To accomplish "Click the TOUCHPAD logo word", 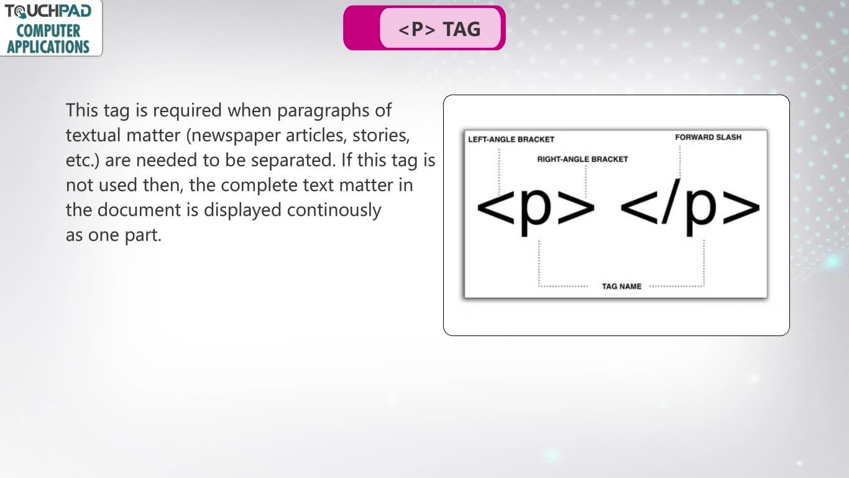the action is coord(48,11).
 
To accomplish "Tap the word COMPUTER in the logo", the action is coord(48,30).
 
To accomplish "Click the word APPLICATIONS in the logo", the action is coord(48,47).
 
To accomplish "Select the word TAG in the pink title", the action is coord(462,29).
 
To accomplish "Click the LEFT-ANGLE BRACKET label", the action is coord(511,139).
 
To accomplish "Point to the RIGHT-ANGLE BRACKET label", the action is coord(582,159).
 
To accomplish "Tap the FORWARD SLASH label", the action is coord(708,137).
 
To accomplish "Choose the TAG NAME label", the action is coord(622,286).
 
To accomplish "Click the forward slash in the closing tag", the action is coord(671,201).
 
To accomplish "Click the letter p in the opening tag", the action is coord(536,211).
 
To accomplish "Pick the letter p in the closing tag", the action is coord(701,211).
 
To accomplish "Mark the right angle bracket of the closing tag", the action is coord(741,207).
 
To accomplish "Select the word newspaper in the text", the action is coord(235,136).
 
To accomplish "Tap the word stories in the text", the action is coord(381,136).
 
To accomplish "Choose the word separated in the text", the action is coord(293,160).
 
